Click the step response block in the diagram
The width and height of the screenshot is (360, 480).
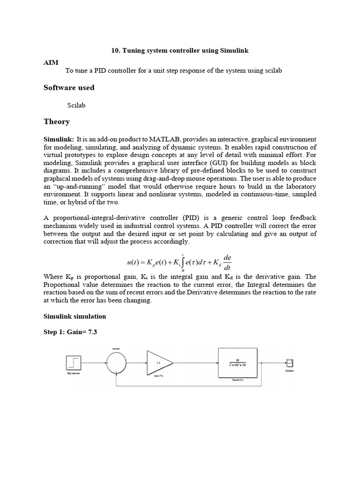click(74, 363)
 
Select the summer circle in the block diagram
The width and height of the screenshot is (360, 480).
click(116, 363)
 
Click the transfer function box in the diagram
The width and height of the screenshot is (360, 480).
click(237, 363)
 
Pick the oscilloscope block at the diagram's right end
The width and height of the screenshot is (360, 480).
click(290, 362)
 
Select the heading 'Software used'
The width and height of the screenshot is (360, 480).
click(69, 88)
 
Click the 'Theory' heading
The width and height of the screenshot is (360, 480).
click(57, 122)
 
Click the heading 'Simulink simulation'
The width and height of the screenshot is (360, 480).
click(75, 316)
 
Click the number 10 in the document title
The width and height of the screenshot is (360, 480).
click(115, 50)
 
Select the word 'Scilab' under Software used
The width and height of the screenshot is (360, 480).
click(76, 105)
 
